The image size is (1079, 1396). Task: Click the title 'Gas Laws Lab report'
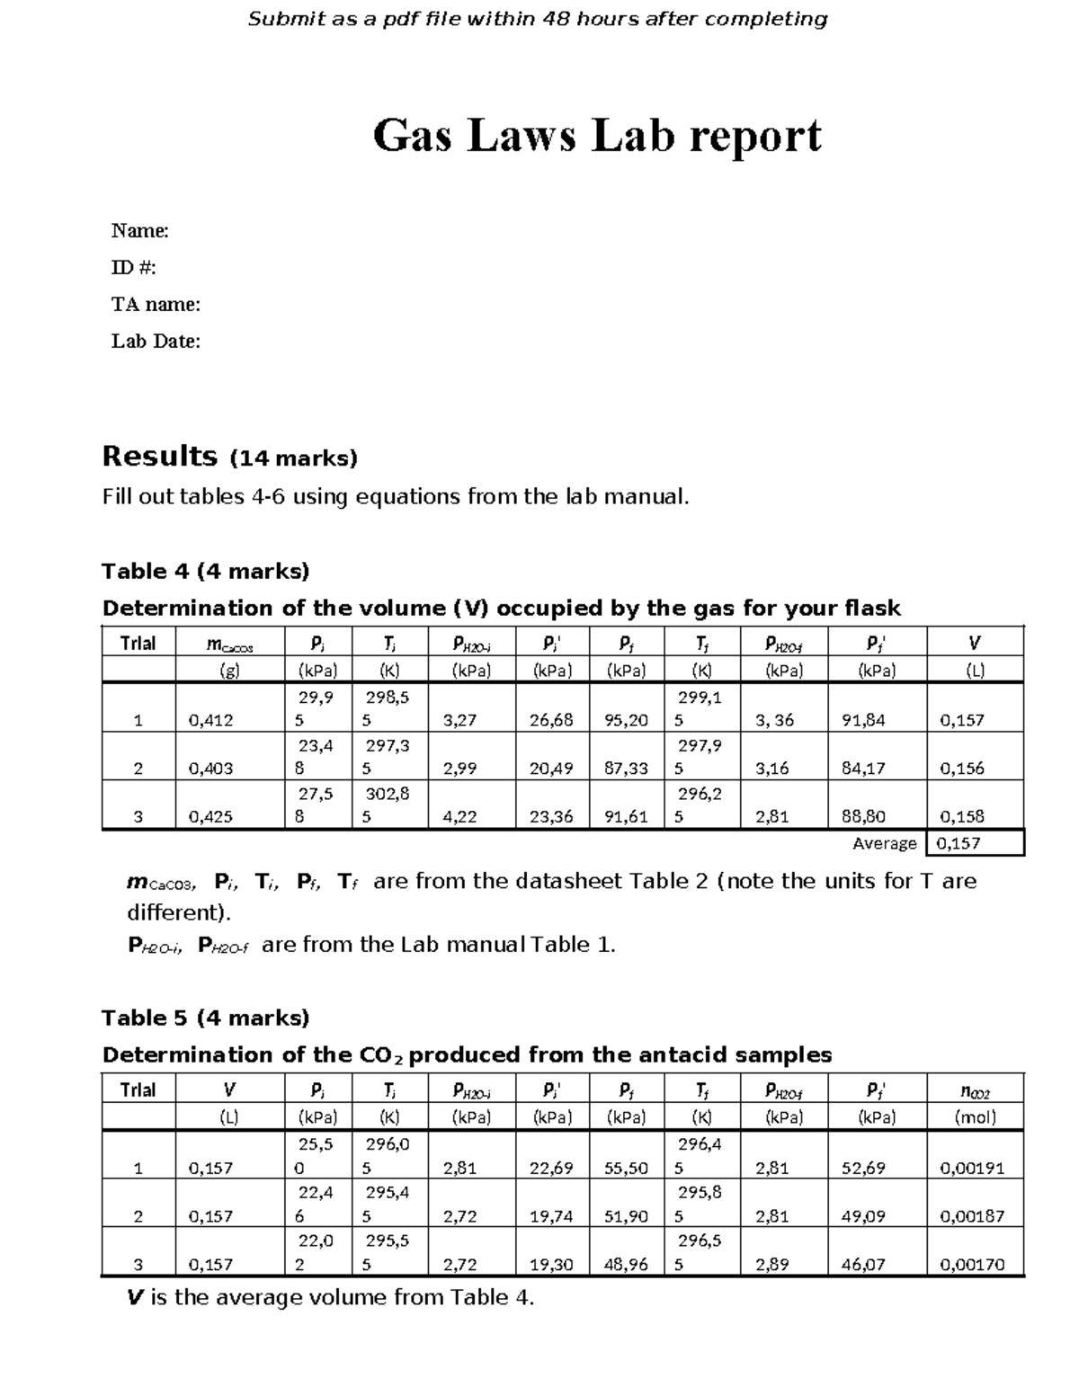[596, 137]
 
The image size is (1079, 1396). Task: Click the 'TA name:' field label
[156, 305]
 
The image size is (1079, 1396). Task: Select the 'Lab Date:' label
[156, 342]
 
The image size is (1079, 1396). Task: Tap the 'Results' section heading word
[160, 457]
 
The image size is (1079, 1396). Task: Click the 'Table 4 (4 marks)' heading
[205, 572]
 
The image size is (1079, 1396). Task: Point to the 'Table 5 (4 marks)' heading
[205, 1018]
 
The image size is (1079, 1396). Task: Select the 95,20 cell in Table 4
[626, 720]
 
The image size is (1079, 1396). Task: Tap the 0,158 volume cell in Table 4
[961, 817]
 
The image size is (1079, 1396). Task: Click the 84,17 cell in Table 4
[863, 769]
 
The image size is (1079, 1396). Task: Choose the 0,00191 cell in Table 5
[972, 1169]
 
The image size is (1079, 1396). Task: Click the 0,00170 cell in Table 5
[972, 1265]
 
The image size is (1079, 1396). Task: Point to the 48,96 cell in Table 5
[626, 1265]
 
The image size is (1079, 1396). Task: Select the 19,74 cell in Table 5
[551, 1216]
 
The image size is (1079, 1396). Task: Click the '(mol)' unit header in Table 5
[975, 1118]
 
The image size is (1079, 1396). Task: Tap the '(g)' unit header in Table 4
[229, 671]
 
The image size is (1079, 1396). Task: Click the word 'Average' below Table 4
[884, 843]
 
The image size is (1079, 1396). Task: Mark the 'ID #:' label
[134, 268]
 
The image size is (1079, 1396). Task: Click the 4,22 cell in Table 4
[459, 817]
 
